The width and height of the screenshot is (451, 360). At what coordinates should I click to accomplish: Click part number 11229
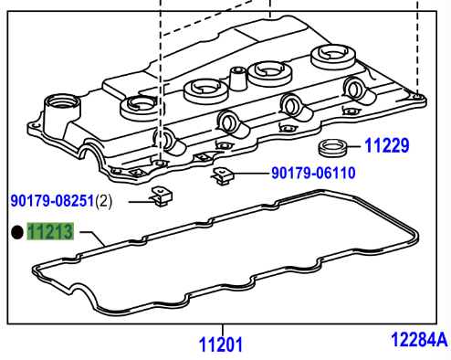[x=386, y=145]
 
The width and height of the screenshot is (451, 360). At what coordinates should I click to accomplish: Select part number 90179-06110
[x=313, y=173]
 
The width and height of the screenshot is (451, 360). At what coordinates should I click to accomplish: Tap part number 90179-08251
[x=52, y=201]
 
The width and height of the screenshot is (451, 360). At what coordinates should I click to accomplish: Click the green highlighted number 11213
[x=50, y=231]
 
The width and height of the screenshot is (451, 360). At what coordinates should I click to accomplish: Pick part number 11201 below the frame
[x=221, y=344]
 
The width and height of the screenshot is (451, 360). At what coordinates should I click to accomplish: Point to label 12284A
[x=419, y=339]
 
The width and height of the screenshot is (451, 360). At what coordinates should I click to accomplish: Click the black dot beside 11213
[x=17, y=232]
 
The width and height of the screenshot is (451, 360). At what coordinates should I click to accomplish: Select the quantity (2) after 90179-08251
[x=104, y=201]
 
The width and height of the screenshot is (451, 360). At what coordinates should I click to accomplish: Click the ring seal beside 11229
[x=332, y=148]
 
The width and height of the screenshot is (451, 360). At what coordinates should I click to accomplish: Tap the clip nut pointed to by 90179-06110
[x=223, y=176]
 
